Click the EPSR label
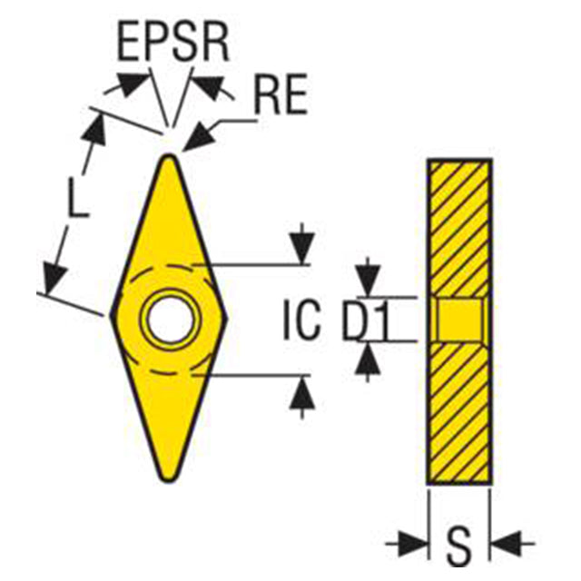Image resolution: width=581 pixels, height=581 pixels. (173, 43)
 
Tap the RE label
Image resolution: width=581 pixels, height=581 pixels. (281, 94)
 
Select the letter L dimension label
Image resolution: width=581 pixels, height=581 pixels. (78, 198)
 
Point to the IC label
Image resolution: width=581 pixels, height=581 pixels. (301, 320)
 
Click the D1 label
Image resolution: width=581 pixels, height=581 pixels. (366, 321)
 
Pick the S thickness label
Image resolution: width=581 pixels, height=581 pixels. (459, 545)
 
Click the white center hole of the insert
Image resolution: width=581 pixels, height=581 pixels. (170, 319)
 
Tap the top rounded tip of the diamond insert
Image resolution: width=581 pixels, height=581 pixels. (170, 156)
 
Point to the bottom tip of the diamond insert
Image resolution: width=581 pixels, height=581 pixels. (169, 480)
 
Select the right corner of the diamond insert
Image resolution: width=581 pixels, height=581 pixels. (226, 318)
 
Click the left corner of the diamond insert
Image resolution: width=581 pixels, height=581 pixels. (111, 315)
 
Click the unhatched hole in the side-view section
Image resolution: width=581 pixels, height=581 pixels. (460, 320)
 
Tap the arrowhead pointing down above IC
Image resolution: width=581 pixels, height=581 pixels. (302, 248)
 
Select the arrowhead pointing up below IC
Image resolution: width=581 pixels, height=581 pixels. (302, 394)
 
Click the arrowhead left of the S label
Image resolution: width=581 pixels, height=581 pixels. (412, 545)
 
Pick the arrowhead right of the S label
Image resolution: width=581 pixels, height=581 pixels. (507, 545)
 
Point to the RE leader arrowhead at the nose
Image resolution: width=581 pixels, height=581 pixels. (197, 137)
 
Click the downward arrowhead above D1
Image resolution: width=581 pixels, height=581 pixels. (368, 281)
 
